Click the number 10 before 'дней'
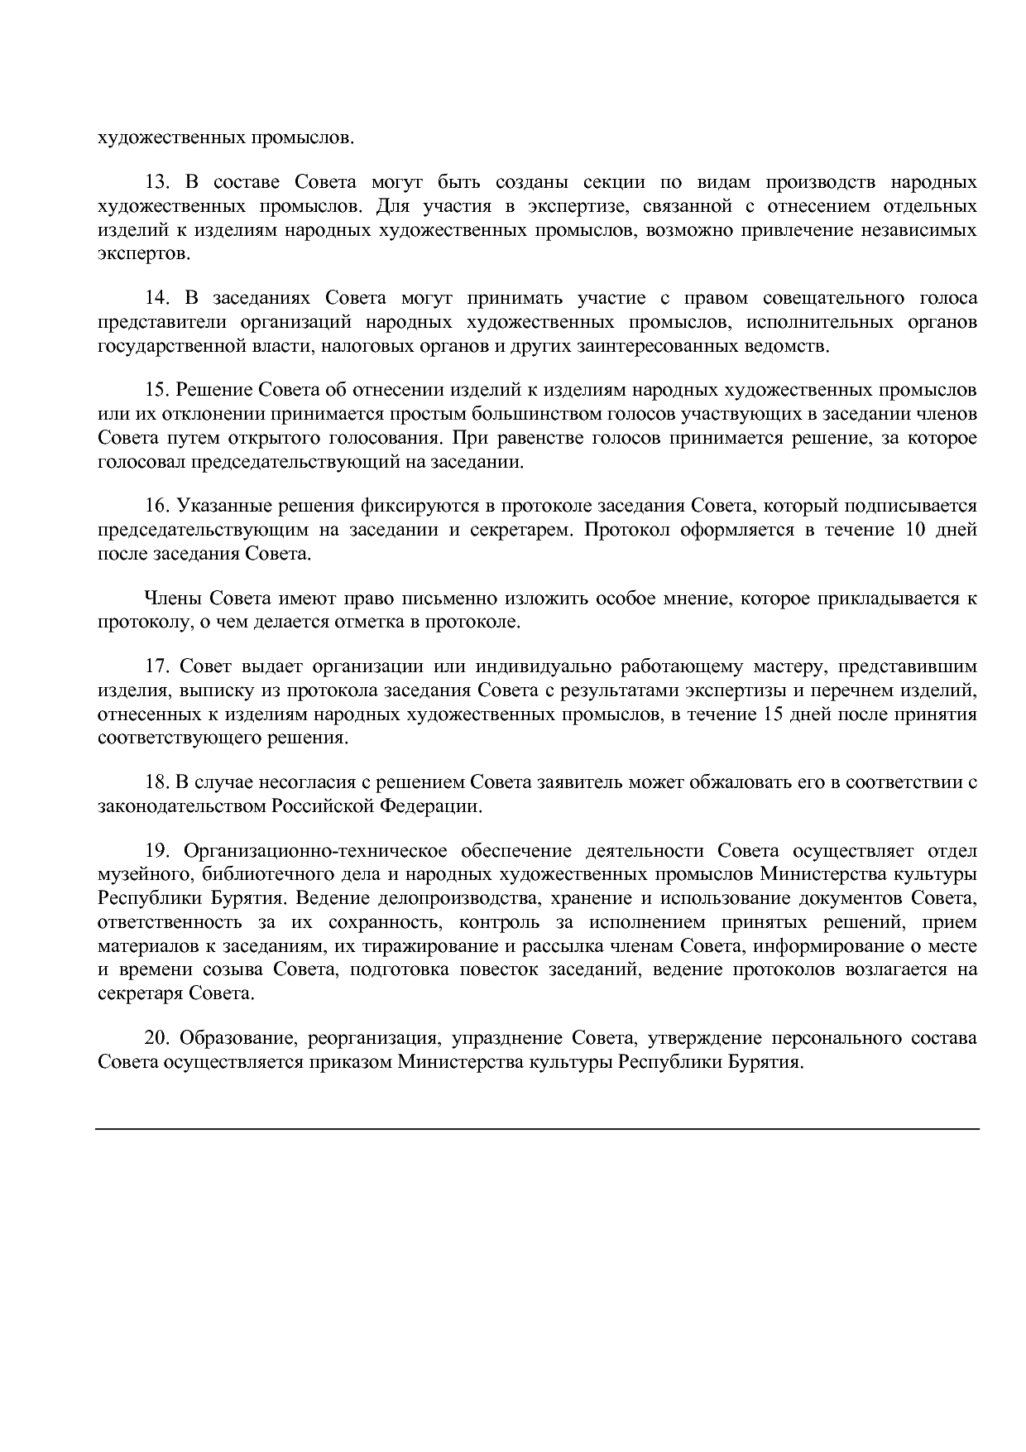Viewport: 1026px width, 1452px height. (915, 530)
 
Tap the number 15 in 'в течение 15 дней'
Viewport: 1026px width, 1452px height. (769, 714)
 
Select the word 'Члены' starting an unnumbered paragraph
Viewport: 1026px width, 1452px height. (173, 598)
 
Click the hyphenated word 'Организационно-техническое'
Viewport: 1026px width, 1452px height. (316, 851)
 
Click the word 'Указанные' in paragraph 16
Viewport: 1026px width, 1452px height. (216, 506)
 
